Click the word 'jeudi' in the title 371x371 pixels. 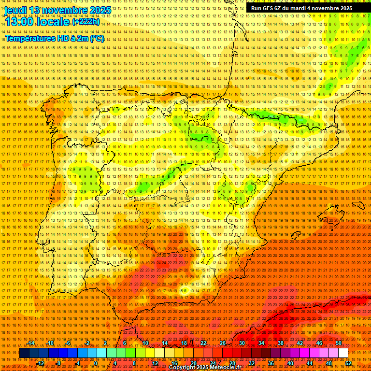point(15,10)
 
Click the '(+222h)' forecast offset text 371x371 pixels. point(86,22)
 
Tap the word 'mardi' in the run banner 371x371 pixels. point(298,8)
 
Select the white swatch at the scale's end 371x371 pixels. point(343,353)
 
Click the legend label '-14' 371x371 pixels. point(31,343)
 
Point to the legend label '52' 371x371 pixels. point(348,363)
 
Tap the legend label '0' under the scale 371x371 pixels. point(96,363)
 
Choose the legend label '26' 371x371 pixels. point(223,343)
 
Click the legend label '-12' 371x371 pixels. point(41,363)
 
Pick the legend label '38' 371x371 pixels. point(280,343)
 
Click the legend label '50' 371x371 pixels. point(338,343)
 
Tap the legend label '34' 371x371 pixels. point(261,343)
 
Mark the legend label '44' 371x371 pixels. point(310,363)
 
